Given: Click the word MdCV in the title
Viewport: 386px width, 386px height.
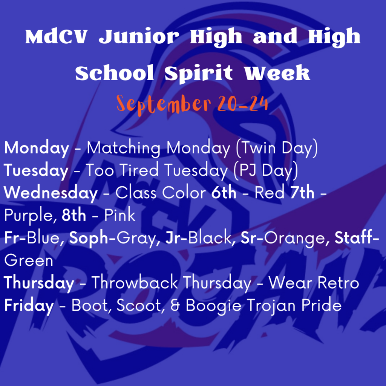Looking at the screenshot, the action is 56,37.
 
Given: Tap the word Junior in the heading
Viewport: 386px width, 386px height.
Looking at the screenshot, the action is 139,37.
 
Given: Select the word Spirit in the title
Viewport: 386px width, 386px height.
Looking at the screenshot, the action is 199,74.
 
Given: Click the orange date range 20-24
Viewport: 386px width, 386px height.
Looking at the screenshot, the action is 242,103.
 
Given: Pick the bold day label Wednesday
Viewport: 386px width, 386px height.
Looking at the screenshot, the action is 51,193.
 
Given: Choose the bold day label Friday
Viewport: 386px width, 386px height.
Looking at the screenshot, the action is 29,305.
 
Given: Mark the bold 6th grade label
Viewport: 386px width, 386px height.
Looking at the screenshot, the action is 224,193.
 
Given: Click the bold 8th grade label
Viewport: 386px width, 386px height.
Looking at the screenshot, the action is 74,215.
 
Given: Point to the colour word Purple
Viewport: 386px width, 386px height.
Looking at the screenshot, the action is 28,216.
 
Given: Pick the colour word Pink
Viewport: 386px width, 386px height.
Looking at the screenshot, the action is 119,215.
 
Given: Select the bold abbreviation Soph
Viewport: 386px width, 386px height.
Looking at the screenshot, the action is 89,238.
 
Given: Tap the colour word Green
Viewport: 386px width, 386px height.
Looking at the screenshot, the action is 29,260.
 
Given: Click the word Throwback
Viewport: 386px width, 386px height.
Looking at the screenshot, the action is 135,283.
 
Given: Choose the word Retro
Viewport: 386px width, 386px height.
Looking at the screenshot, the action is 338,283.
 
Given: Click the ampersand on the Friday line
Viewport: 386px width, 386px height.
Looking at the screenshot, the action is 175,305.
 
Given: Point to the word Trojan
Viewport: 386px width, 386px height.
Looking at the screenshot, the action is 271,306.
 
